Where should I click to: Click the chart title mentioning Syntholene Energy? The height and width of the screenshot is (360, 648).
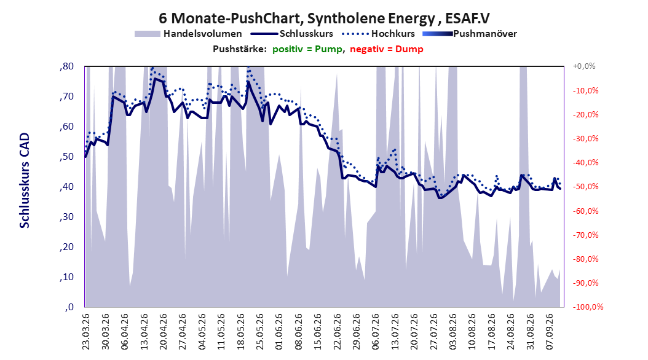[x=324, y=18]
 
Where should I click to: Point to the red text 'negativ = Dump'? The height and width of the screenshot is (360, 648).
[x=387, y=49]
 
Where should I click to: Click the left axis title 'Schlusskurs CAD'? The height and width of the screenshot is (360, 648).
[x=25, y=181]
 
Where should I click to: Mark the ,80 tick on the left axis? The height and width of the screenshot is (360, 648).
[x=67, y=66]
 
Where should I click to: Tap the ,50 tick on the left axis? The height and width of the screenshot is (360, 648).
[x=67, y=157]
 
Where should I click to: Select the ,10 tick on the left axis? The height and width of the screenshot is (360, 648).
[x=67, y=277]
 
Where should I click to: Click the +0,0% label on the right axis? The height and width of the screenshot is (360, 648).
[x=584, y=66]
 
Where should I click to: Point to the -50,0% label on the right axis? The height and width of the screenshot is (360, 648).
[x=585, y=187]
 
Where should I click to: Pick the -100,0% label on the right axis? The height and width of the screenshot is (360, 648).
[x=588, y=307]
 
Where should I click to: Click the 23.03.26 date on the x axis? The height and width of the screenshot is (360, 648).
[x=85, y=332]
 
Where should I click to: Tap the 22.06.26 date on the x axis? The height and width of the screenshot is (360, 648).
[x=338, y=332]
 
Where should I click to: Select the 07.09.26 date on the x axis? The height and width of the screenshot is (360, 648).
[x=550, y=332]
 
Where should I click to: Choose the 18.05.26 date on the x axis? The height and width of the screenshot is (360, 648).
[x=240, y=332]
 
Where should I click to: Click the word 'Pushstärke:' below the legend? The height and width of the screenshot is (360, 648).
[x=240, y=49]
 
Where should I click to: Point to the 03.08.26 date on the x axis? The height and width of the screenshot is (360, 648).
[x=453, y=332]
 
